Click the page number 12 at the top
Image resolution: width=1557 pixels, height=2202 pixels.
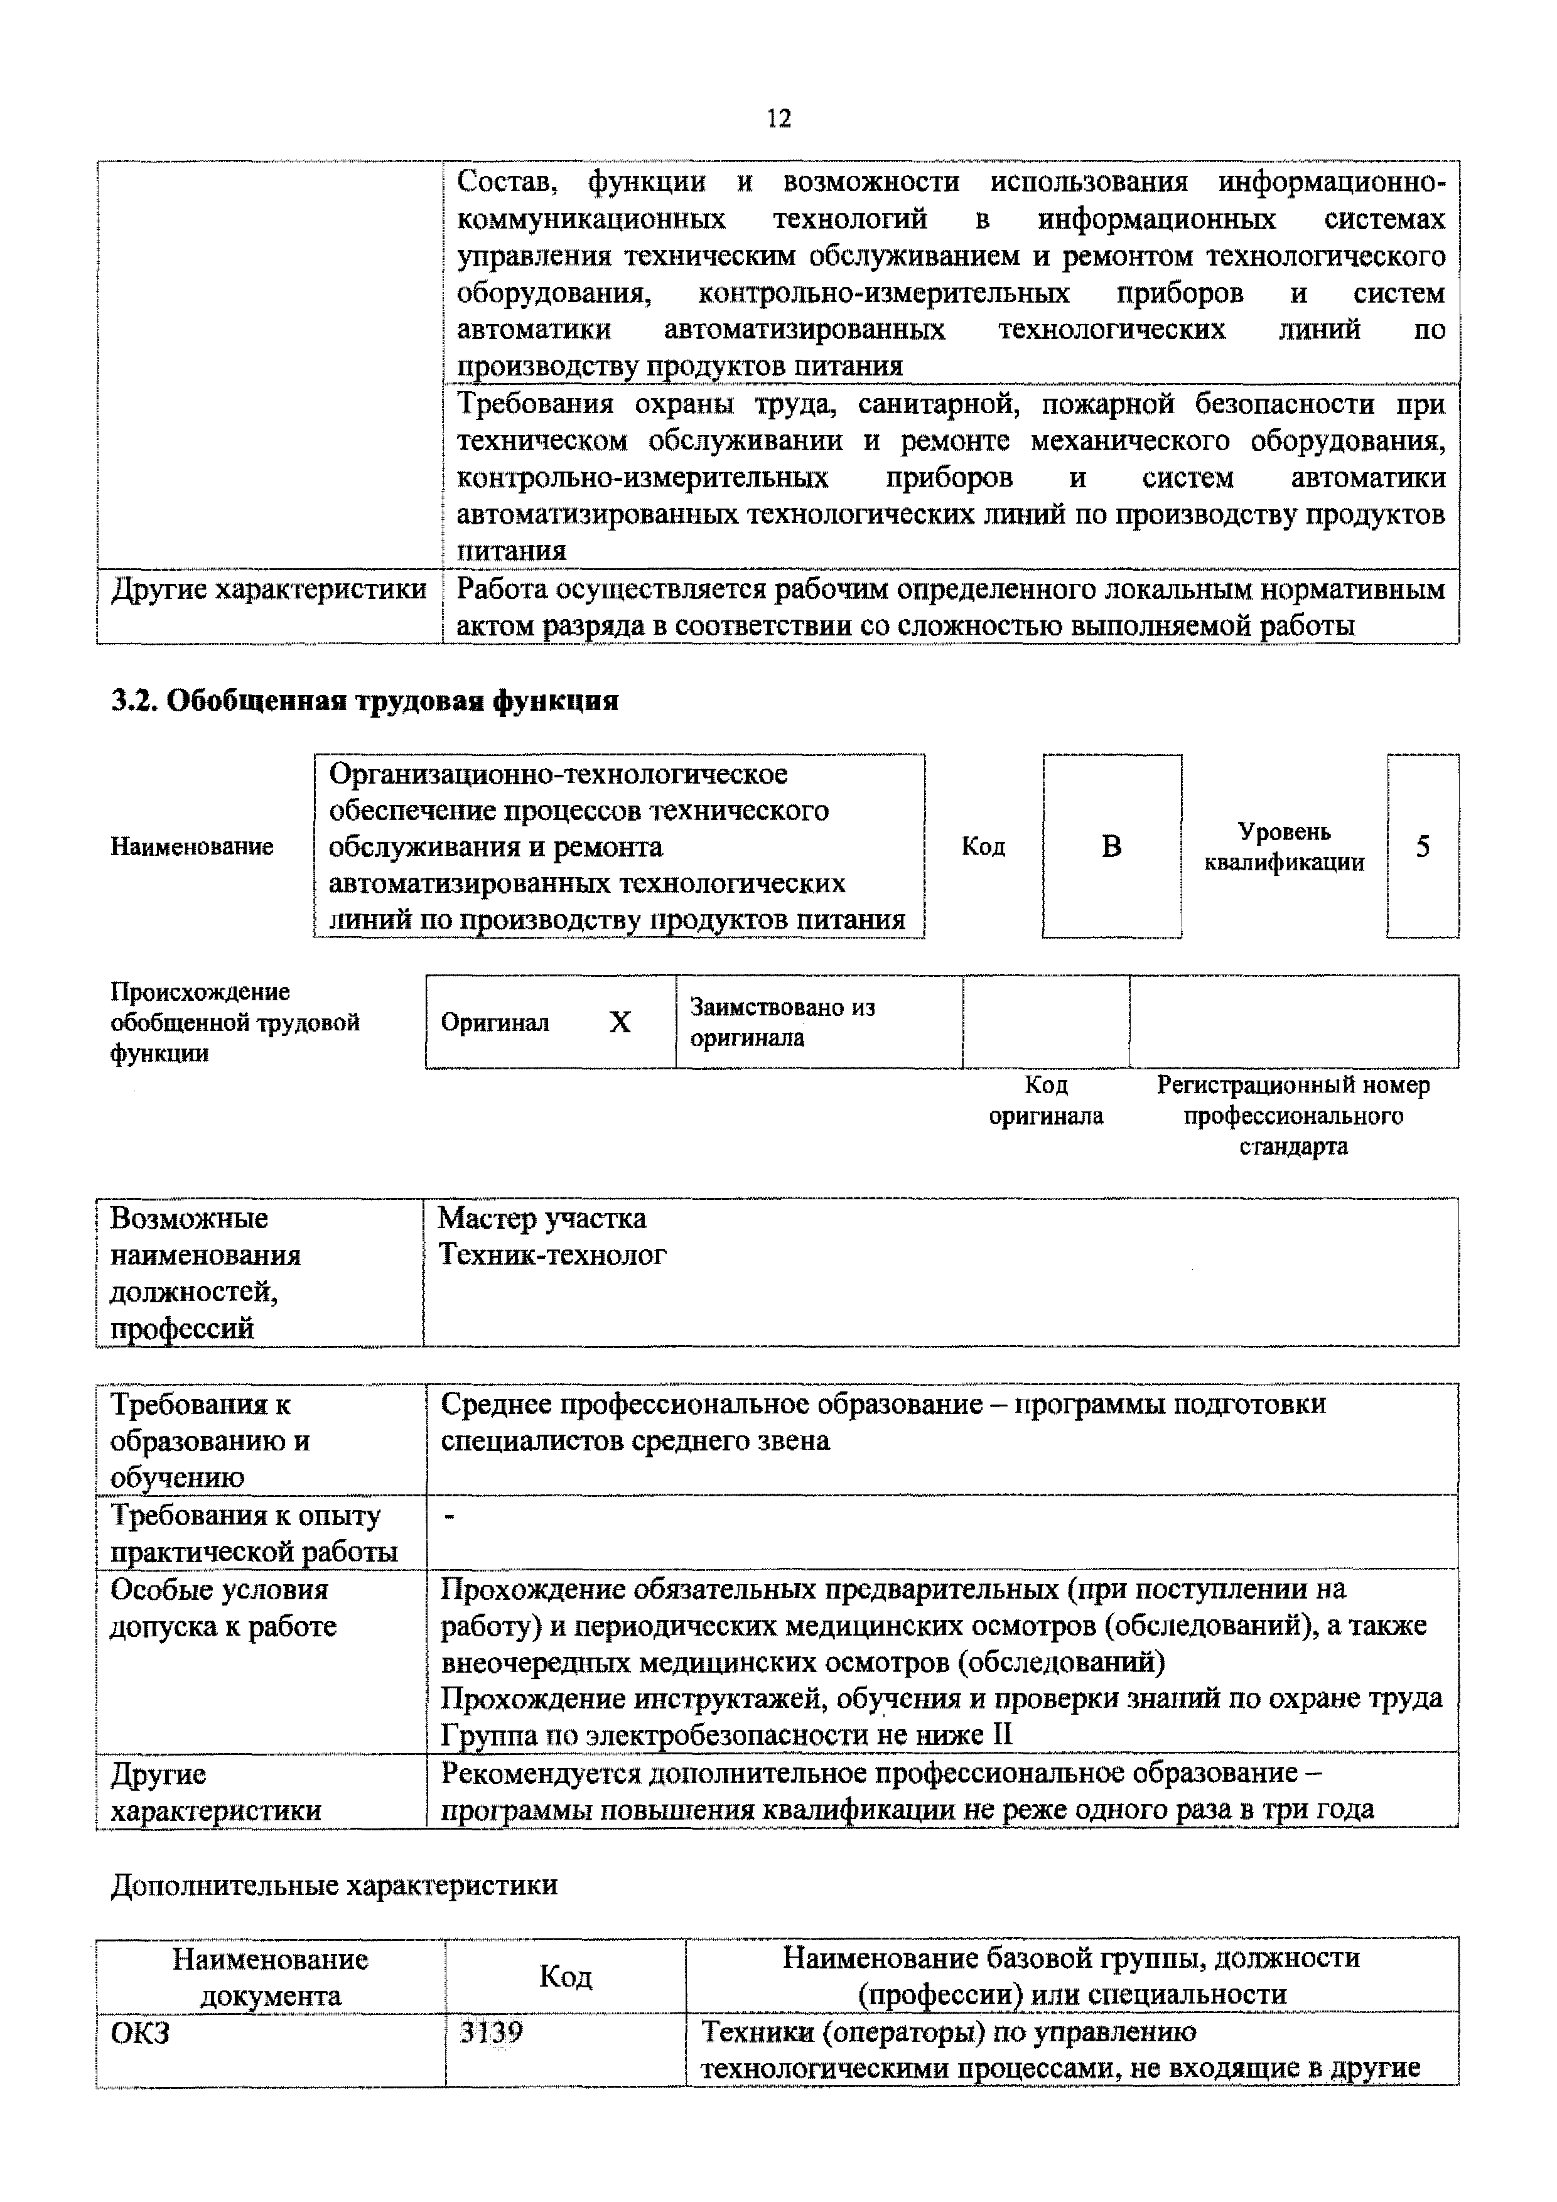[778, 118]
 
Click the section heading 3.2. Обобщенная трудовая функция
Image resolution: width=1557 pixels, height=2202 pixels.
[364, 701]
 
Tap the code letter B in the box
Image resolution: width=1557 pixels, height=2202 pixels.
[1111, 846]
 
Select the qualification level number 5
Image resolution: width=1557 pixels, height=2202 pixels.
[1423, 846]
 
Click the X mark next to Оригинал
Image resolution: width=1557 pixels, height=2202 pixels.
[620, 1022]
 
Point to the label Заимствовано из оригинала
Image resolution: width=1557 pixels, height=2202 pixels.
[782, 1022]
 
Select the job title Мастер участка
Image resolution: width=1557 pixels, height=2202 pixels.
[542, 1219]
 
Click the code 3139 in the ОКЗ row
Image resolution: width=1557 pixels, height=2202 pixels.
[491, 2032]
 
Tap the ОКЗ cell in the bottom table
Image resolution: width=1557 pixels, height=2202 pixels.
[141, 2032]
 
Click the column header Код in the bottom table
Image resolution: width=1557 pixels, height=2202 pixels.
[564, 1976]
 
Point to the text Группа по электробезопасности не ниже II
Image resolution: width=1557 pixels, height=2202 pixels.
[726, 1735]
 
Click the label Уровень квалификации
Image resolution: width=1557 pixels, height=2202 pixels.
[1284, 846]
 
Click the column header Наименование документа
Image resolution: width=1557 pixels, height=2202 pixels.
[271, 1977]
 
